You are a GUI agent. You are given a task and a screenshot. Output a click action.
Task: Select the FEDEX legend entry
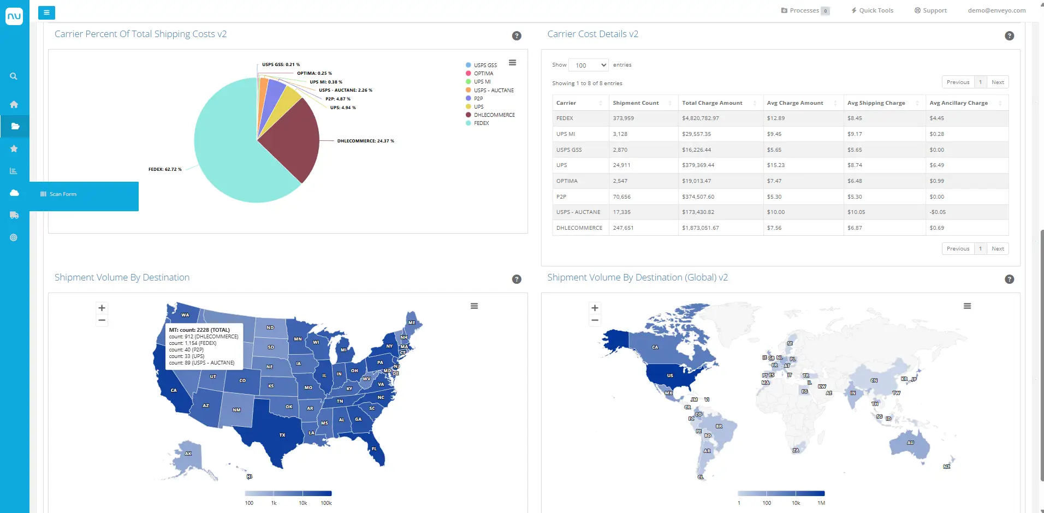pos(481,123)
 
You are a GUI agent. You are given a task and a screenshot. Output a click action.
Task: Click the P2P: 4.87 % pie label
pos(337,99)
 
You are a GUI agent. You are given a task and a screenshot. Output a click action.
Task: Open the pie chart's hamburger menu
pos(512,63)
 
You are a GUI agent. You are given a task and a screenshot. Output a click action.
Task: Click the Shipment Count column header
pos(636,103)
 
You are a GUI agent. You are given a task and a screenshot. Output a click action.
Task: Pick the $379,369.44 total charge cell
pos(698,165)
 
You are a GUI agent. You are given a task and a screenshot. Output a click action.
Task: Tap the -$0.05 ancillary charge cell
pos(938,212)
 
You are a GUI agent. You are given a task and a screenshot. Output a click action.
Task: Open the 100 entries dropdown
pos(588,65)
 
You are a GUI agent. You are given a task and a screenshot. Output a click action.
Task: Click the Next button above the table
pos(998,82)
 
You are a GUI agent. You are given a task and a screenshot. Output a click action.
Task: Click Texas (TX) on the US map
pos(282,434)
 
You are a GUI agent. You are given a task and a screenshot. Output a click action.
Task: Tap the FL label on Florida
pos(374,449)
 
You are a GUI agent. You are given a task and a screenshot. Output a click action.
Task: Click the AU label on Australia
pos(910,443)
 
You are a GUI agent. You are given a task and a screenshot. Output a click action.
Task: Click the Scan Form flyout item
pos(63,194)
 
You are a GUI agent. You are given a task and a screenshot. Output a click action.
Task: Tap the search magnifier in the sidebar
pos(14,76)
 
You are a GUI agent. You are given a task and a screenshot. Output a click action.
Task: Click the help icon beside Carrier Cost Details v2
pos(1009,36)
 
